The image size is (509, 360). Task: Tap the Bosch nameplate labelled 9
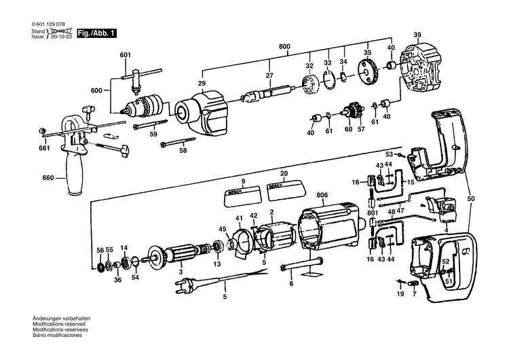[242, 193]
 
